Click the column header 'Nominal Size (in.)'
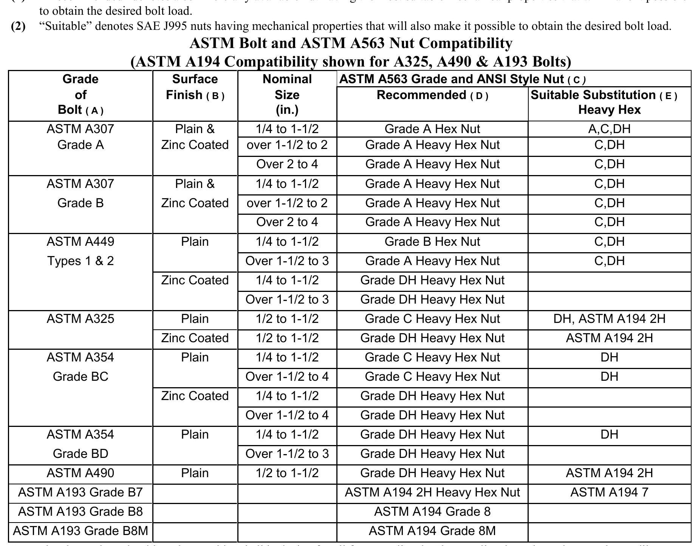tap(287, 95)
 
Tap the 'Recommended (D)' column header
tap(432, 95)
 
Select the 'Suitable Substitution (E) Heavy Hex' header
tap(609, 102)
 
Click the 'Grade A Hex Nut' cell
tap(432, 129)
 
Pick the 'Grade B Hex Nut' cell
tap(432, 242)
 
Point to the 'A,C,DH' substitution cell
tap(609, 129)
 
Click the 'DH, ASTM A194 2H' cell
tap(609, 319)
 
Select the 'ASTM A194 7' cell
tap(609, 492)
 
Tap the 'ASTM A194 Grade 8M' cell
tap(432, 531)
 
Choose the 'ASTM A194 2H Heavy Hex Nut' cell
tap(432, 492)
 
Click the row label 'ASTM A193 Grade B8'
tap(80, 512)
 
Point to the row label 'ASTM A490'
tap(80, 473)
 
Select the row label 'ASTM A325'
tap(80, 319)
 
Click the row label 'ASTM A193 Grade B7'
tap(80, 492)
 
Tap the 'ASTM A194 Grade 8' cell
tap(432, 512)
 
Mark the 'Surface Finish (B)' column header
tap(195, 87)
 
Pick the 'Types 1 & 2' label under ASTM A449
tap(80, 261)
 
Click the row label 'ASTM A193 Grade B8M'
tap(80, 531)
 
